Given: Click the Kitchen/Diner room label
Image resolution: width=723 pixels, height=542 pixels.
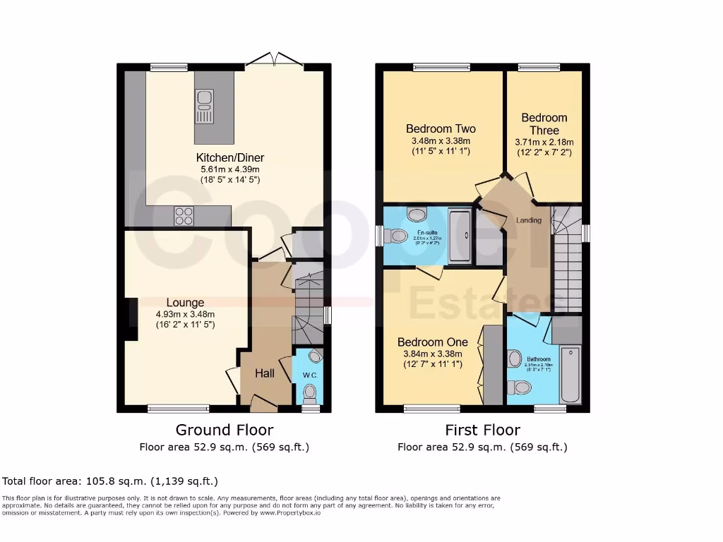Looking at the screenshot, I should coord(230,157).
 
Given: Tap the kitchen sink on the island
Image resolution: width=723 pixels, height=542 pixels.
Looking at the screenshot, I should coord(205,105).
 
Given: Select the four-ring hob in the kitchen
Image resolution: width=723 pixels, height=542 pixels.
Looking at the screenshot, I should coord(184,215).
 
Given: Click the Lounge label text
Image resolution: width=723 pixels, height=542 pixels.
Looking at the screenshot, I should coord(185,303).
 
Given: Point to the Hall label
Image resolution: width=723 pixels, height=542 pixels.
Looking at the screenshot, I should coord(265,373).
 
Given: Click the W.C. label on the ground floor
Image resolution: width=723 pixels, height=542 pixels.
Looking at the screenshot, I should coord(308,374).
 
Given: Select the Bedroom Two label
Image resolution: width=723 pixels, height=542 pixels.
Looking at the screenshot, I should coord(441,129).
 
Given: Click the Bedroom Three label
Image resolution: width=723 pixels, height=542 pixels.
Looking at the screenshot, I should coord(544,124).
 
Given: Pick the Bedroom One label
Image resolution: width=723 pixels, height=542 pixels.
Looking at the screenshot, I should coord(432,342).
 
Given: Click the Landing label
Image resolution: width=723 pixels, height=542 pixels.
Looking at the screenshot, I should coord(529,220).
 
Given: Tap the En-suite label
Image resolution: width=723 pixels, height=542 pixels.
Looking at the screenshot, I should coord(426,232).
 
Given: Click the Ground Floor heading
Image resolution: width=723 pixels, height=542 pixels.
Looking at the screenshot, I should coord(224,430).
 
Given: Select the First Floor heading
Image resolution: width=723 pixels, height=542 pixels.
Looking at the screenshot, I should coord(482,430).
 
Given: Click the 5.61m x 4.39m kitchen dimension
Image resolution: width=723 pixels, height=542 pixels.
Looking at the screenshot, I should coord(230,169).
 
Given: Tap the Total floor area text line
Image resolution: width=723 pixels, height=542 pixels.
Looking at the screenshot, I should coord(110,481).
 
